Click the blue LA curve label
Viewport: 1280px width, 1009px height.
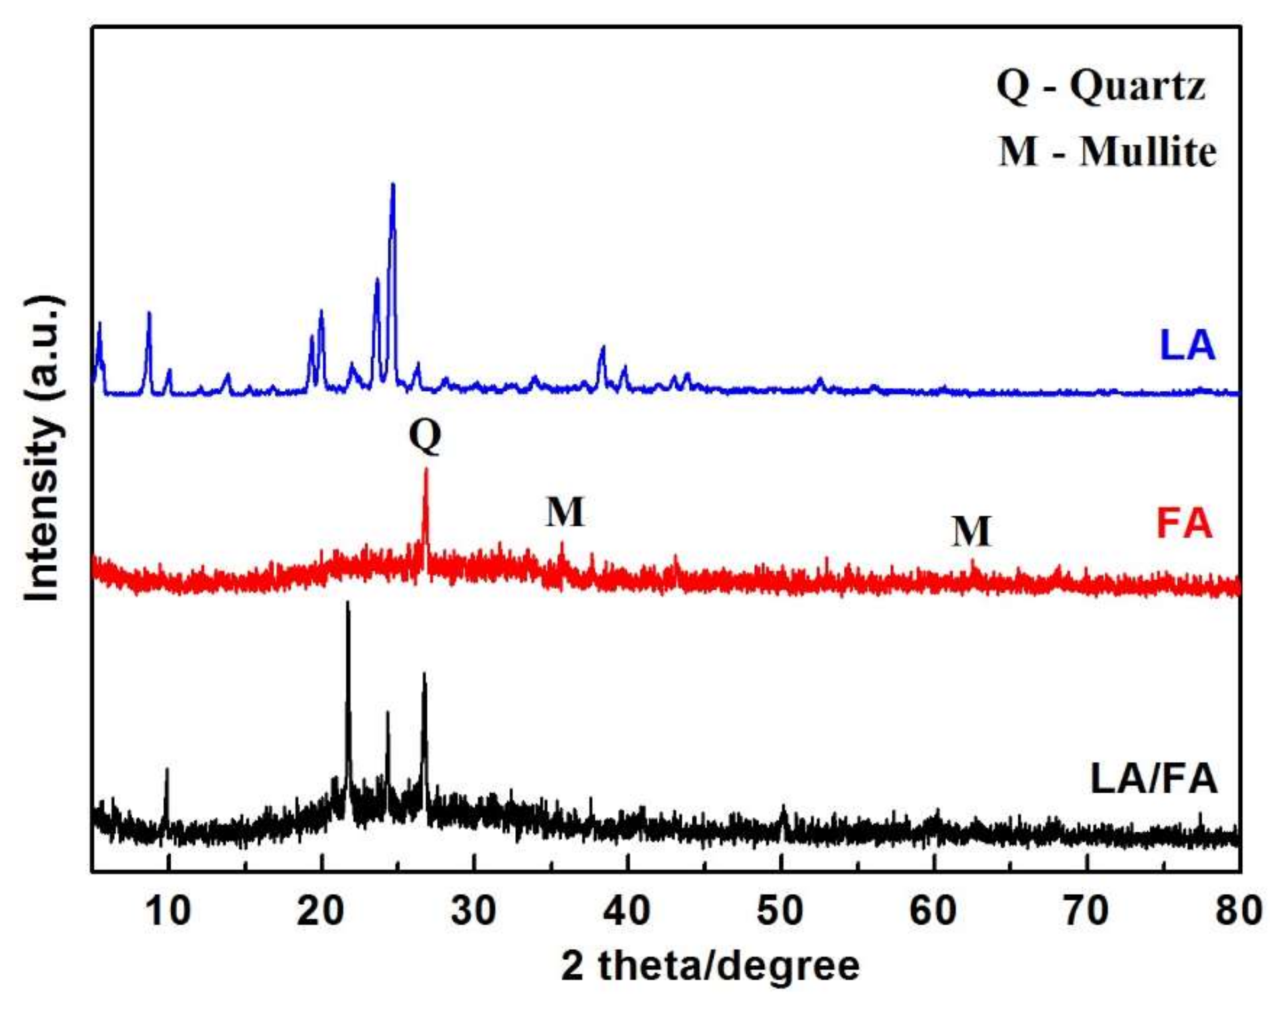click(1187, 345)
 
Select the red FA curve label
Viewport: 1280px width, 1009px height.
click(1184, 523)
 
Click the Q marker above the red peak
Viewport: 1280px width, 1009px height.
click(425, 435)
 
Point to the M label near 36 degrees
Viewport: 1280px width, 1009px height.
click(565, 512)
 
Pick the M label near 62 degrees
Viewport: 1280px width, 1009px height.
click(971, 531)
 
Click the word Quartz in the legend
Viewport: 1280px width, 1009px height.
click(1137, 86)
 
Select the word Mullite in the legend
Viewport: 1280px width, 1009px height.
click(1148, 152)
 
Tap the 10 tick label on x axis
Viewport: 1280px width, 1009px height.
click(168, 910)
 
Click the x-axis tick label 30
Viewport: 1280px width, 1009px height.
click(473, 910)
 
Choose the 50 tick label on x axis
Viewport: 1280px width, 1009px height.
click(780, 910)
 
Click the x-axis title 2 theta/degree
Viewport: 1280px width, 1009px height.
click(710, 966)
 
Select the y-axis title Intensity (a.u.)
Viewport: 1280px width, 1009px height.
click(43, 448)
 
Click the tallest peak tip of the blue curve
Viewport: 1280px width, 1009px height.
click(392, 184)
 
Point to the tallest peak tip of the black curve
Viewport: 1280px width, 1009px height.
click(347, 603)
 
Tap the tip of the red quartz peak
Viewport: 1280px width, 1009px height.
click(426, 469)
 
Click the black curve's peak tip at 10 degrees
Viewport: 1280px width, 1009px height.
click(167, 769)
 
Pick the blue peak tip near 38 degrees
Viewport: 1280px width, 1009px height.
click(603, 347)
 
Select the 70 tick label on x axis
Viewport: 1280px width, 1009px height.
click(1086, 910)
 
